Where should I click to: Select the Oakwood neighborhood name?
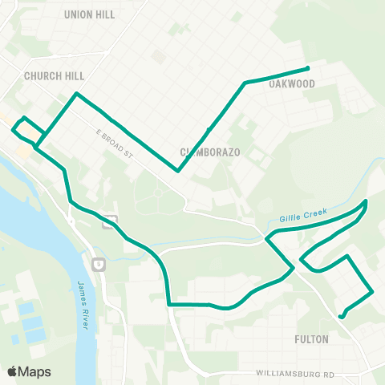pos(291,83)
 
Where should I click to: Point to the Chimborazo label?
pos(210,152)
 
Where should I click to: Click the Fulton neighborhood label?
pos(312,339)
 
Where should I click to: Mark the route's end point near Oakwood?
pos(309,67)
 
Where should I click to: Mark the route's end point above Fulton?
pos(341,317)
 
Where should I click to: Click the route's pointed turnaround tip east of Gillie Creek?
pos(367,201)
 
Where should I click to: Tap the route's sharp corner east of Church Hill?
pos(76,94)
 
